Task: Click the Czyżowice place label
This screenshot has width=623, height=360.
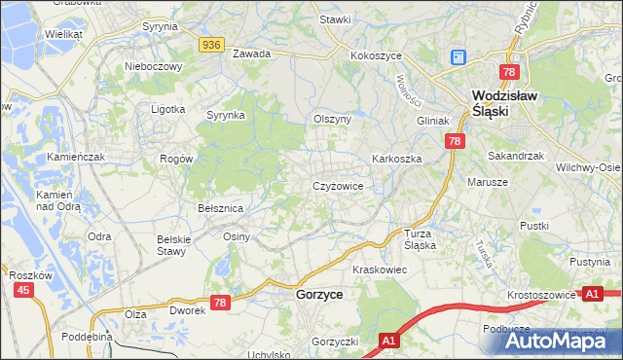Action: pyautogui.click(x=338, y=185)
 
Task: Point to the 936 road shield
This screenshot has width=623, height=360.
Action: pyautogui.click(x=212, y=45)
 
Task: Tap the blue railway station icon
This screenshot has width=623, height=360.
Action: pyautogui.click(x=458, y=58)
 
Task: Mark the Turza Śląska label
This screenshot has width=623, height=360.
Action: pyautogui.click(x=420, y=239)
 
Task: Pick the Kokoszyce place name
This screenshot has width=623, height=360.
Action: pyautogui.click(x=377, y=56)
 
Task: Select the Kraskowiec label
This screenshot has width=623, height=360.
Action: pyautogui.click(x=379, y=269)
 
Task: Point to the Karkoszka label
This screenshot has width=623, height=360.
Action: pyautogui.click(x=395, y=158)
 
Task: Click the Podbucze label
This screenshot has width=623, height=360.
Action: pyautogui.click(x=505, y=329)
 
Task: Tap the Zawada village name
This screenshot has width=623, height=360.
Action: pyautogui.click(x=251, y=54)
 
